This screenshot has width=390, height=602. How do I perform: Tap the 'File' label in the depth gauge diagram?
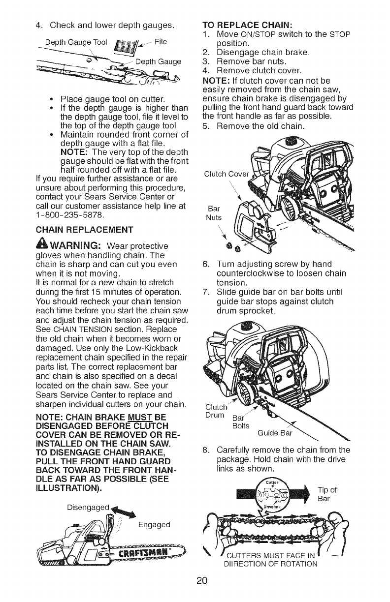pos(161,41)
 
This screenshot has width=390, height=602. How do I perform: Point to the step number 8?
pos(205,448)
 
